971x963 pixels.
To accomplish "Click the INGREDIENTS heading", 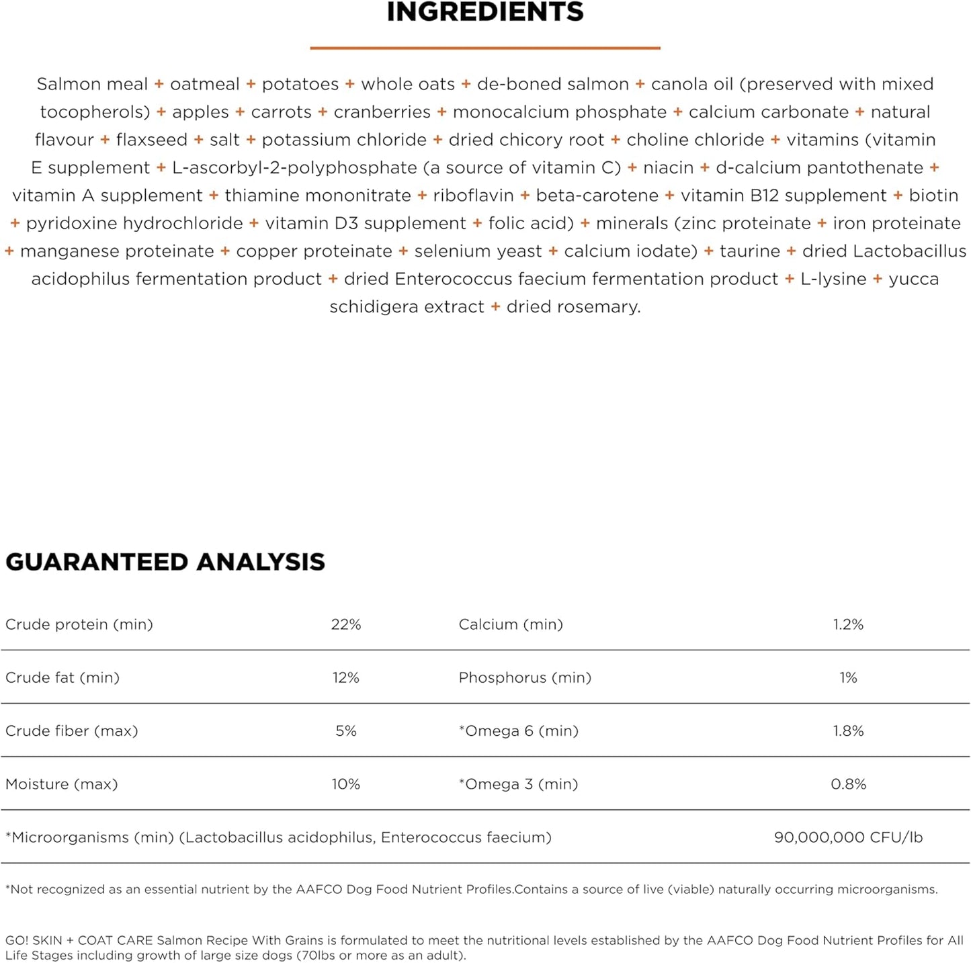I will coord(485,12).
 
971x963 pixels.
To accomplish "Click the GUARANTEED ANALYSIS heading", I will coord(165,562).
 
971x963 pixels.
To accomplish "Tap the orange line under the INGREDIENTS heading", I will coord(485,48).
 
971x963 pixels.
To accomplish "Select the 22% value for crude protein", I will coord(346,624).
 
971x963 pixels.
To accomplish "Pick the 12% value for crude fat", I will coord(346,677).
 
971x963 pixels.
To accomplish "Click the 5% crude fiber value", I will coord(346,730).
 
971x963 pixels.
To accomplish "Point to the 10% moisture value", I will coord(346,784).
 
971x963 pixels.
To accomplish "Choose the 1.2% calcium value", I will coord(848,624).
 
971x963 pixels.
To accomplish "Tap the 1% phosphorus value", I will coord(848,677).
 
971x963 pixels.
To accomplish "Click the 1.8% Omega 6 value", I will coord(848,730).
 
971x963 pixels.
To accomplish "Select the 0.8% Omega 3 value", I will coord(848,784).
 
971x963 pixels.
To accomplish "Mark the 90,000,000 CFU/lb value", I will coord(848,837).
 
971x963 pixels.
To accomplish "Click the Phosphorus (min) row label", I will coord(525,677).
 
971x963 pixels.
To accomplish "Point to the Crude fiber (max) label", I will coord(72,730).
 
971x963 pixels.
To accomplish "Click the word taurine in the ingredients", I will coord(750,251).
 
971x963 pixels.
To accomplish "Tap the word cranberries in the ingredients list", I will coord(382,112).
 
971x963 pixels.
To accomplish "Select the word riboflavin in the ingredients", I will coord(473,196).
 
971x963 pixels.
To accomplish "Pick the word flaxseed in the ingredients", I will coord(152,140).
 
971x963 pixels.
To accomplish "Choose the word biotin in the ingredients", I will coord(933,196).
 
